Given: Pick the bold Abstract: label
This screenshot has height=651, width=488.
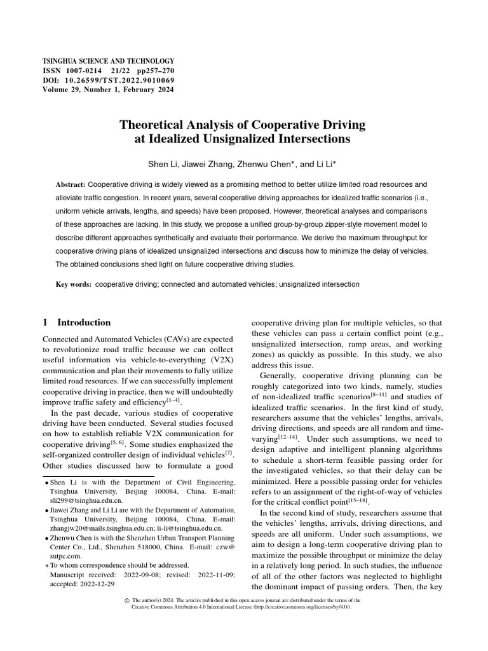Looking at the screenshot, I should coord(71,184).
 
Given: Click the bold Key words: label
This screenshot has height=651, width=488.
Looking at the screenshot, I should coord(74,284).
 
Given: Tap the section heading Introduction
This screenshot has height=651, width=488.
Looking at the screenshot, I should coord(84,322).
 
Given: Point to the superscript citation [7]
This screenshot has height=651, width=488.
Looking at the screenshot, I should coord(230,453).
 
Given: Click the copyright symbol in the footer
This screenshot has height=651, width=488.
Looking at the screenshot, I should coord(126,600).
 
